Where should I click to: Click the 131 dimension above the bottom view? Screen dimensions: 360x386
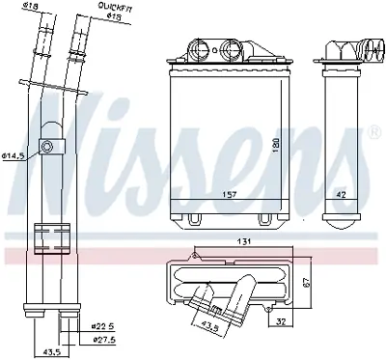246,241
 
